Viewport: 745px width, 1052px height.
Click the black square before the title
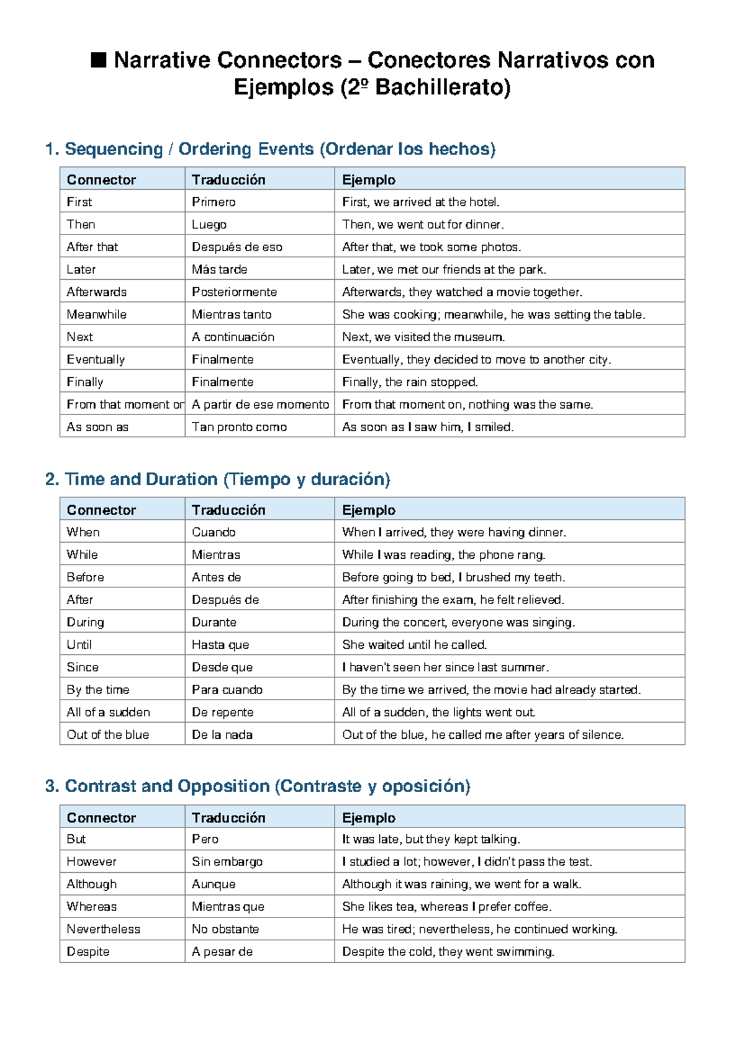(98, 60)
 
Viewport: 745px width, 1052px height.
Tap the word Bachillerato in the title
(442, 87)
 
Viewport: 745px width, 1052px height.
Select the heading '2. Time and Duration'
(217, 479)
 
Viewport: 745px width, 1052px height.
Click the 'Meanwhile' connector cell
(97, 314)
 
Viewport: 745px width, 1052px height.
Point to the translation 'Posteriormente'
(234, 292)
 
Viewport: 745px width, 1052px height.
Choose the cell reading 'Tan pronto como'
(239, 427)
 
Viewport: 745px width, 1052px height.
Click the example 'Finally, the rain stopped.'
(410, 382)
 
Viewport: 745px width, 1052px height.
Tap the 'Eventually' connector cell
(96, 360)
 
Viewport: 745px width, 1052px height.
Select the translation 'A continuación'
(233, 337)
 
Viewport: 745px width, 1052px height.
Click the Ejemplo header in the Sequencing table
(369, 180)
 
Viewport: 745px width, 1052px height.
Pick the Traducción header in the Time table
(228, 510)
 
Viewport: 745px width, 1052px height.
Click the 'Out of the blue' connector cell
(108, 735)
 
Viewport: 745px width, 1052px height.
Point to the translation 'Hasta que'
(220, 645)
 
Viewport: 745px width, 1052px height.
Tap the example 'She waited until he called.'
(414, 645)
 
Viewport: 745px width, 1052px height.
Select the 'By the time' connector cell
(98, 690)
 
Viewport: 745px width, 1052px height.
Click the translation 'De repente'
(222, 713)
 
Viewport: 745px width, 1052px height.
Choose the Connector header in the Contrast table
(101, 818)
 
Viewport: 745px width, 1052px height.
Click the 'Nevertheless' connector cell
(104, 929)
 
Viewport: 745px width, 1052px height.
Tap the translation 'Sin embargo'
(227, 862)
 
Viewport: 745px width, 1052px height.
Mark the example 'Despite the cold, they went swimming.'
(448, 952)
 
